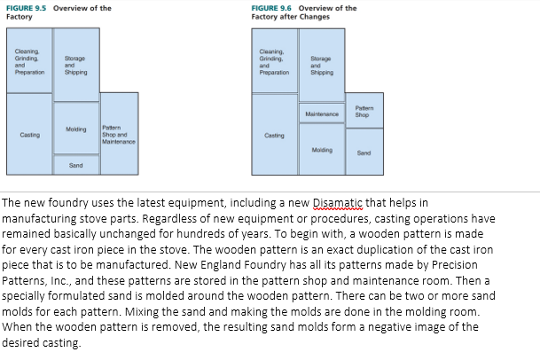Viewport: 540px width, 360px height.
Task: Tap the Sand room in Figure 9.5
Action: [76, 165]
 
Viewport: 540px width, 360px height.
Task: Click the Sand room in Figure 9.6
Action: [363, 153]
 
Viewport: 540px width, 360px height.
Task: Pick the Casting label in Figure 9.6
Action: [274, 136]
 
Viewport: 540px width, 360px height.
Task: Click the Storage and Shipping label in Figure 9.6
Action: [321, 66]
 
